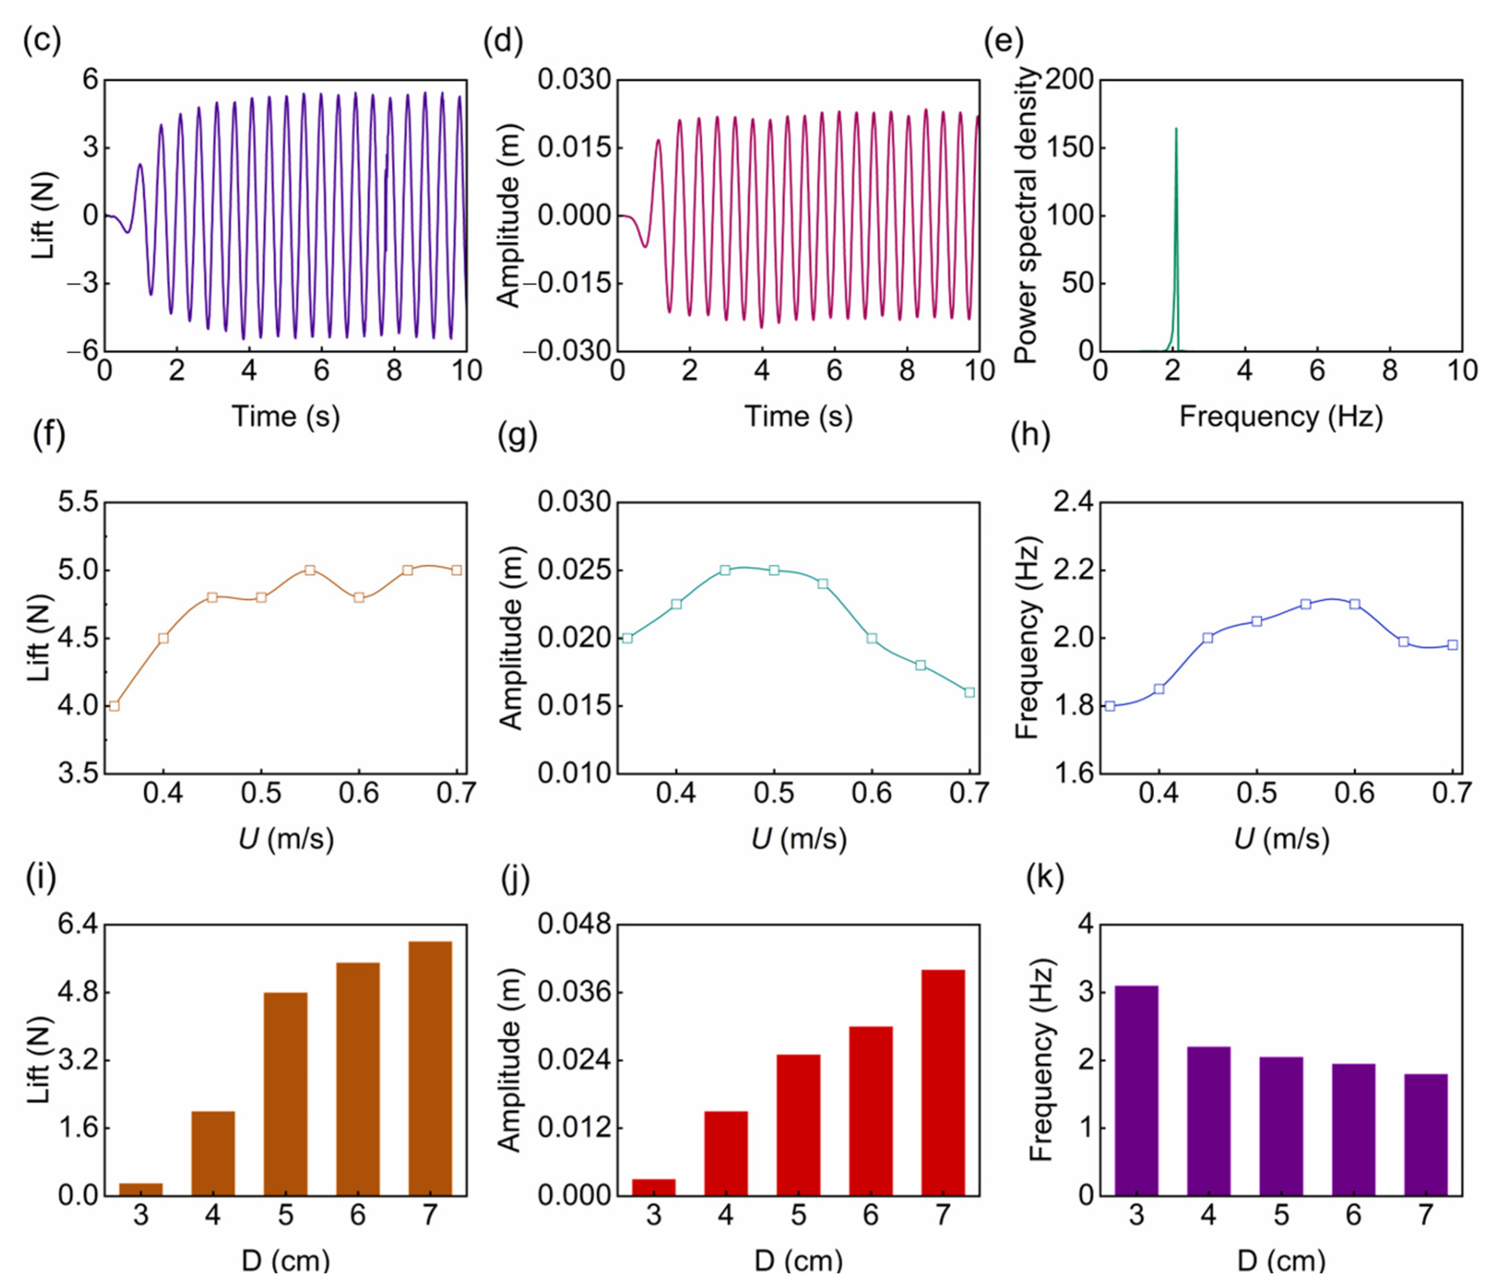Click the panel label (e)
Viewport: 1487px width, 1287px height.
click(x=1002, y=41)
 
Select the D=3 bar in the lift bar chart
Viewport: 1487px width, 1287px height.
click(x=141, y=1188)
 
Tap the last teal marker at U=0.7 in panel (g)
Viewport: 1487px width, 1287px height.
click(x=969, y=693)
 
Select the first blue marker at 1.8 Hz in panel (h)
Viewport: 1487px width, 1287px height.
click(x=1110, y=706)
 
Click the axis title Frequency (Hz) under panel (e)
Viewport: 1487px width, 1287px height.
click(x=1281, y=417)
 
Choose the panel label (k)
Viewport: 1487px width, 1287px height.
click(x=1044, y=877)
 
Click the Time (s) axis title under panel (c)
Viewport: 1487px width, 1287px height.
click(x=285, y=417)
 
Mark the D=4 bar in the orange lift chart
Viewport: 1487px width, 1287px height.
click(x=212, y=1153)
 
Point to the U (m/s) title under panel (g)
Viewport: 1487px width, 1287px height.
click(x=798, y=838)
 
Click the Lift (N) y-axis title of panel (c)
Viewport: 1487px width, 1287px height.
click(x=43, y=216)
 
